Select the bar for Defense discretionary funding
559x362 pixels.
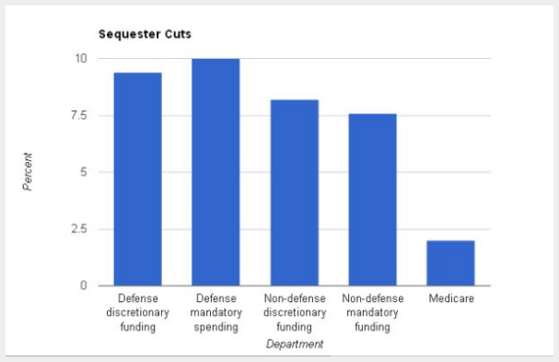click(137, 179)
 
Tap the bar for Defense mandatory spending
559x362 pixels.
click(215, 172)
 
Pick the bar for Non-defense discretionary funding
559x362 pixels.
click(294, 193)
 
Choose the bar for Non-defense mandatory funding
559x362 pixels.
click(372, 200)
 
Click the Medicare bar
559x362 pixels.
click(450, 263)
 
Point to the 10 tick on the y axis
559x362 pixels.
click(80, 58)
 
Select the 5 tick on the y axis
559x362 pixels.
click(83, 172)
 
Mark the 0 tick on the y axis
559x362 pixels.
click(83, 286)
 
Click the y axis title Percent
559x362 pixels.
click(29, 171)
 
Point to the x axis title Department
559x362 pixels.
click(294, 344)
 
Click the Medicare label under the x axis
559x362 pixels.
click(450, 299)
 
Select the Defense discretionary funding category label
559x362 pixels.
click(137, 312)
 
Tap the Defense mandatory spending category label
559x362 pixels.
click(215, 312)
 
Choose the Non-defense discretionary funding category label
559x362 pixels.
click(294, 312)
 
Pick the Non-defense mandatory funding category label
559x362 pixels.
click(372, 312)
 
